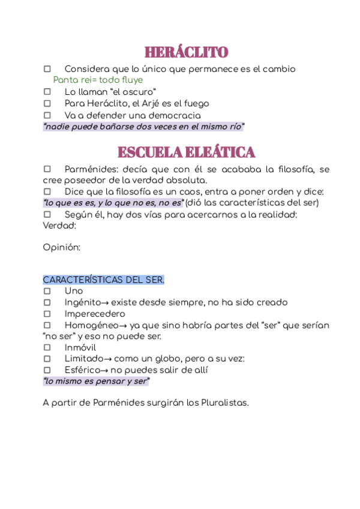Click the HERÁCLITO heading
[x=186, y=52]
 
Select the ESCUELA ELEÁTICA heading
[x=186, y=152]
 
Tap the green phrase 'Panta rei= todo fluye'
[x=98, y=80]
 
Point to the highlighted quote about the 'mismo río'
[x=144, y=127]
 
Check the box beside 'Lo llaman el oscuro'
[x=47, y=92]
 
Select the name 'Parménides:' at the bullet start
[x=91, y=169]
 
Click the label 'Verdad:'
[x=59, y=226]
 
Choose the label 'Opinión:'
[x=61, y=247]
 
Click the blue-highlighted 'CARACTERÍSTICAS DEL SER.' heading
[x=103, y=280]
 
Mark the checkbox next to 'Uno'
[x=47, y=291]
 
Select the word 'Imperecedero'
[x=95, y=314]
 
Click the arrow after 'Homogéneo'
[x=122, y=325]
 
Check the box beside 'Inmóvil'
[x=47, y=348]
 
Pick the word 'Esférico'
[x=82, y=370]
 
